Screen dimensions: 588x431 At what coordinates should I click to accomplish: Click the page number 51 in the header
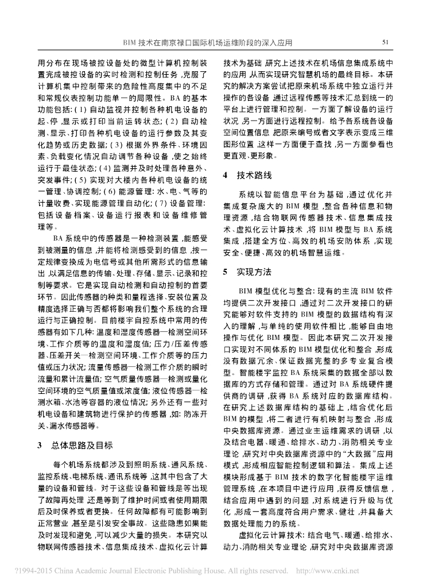click(x=386, y=42)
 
